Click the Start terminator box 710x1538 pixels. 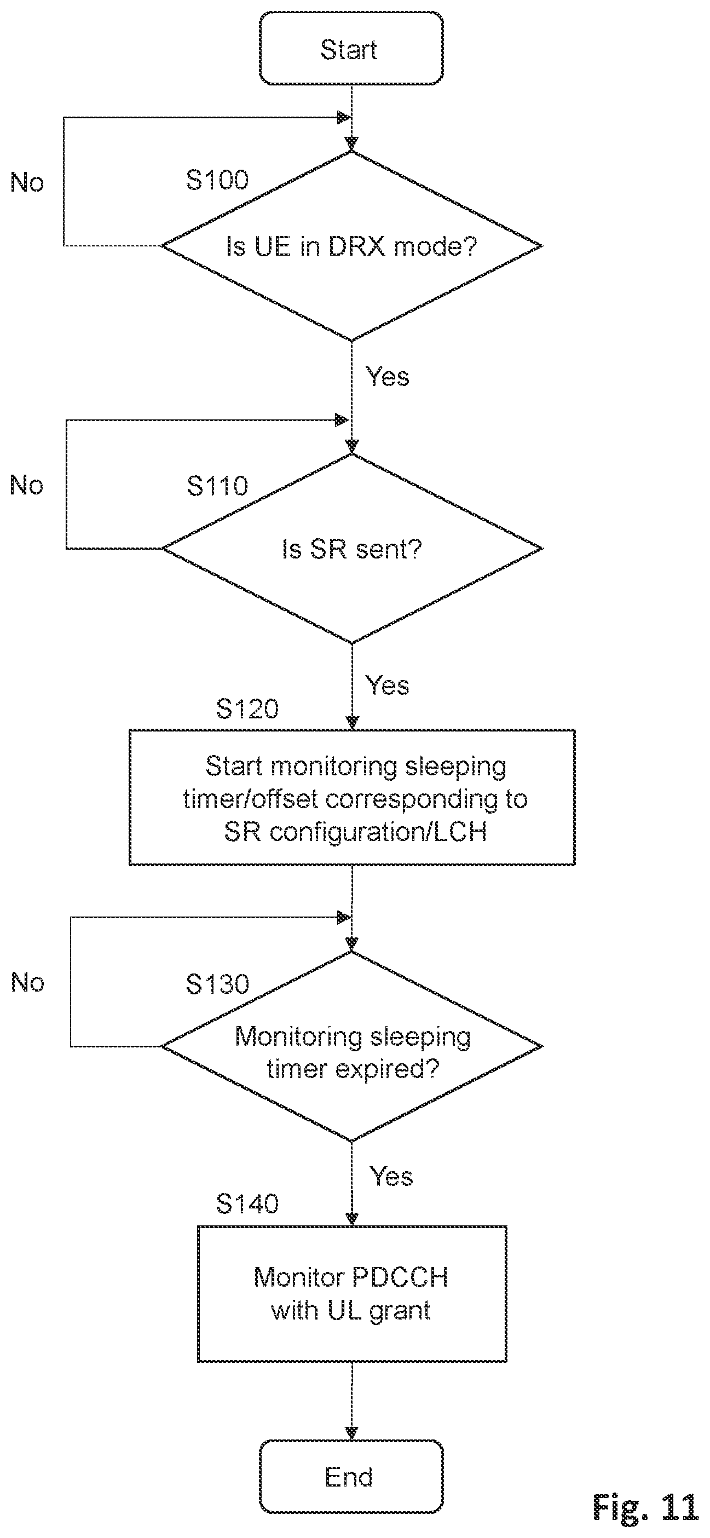[351, 48]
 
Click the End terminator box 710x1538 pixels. [351, 1477]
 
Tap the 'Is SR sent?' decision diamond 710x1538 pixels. [352, 549]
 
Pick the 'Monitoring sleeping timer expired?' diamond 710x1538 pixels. [352, 1046]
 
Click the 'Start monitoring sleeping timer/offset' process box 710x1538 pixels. [353, 797]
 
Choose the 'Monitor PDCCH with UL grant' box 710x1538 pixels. [352, 1294]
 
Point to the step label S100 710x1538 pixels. [217, 180]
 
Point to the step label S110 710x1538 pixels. [217, 486]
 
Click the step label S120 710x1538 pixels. [247, 708]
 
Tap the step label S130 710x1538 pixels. [217, 984]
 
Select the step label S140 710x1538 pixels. [247, 1203]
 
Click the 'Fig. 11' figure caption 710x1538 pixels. [645, 1507]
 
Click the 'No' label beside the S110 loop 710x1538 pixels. [27, 485]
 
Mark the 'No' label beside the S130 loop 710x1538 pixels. [27, 982]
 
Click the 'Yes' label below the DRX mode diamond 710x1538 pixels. [388, 377]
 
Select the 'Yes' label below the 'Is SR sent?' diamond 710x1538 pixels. [388, 686]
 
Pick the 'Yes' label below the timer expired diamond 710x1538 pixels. [391, 1176]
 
